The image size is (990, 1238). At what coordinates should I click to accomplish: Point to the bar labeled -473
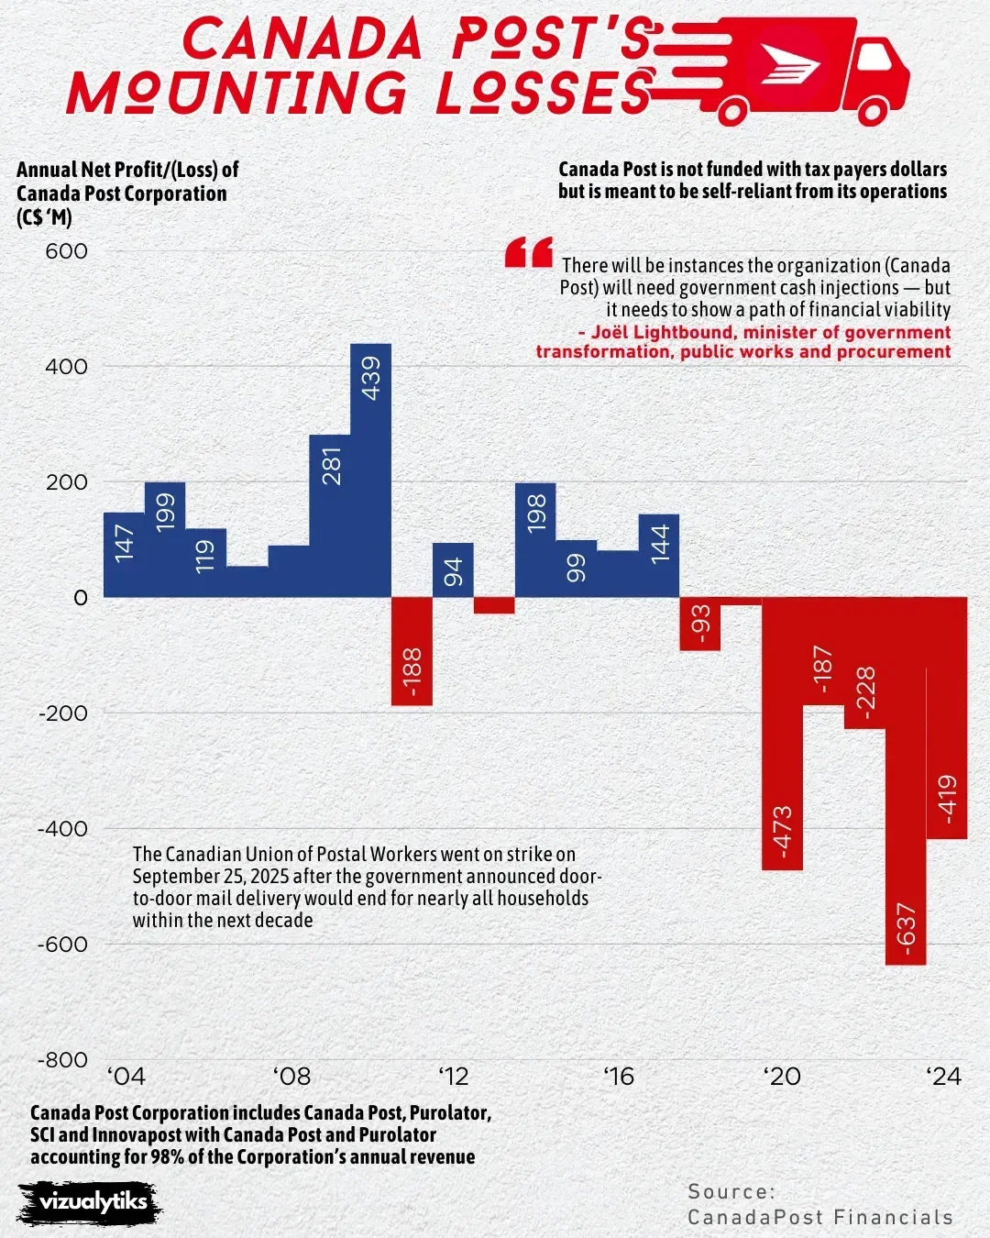point(782,734)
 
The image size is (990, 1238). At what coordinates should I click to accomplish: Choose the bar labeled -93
point(700,624)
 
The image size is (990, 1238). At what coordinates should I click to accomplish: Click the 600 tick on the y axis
point(67,251)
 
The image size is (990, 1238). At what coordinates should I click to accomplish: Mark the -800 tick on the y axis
point(62,1060)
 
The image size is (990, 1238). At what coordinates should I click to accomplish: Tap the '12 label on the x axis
point(453,1077)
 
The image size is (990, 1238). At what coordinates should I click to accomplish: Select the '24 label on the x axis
point(943,1077)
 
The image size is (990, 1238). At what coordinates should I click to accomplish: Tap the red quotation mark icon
point(529,252)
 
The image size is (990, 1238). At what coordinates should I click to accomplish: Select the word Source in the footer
point(731,1191)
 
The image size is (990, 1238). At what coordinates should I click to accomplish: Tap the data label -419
point(947,798)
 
